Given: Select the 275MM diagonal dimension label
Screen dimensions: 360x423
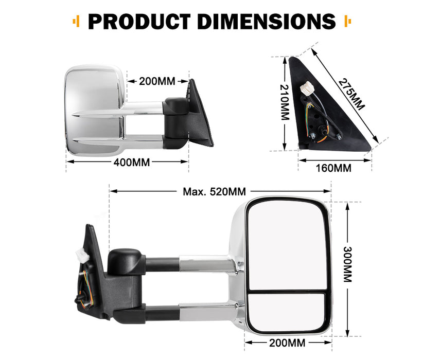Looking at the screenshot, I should pyautogui.click(x=351, y=94).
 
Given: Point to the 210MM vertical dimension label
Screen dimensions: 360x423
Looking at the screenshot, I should pyautogui.click(x=284, y=103).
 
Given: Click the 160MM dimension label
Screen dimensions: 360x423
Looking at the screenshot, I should pyautogui.click(x=334, y=168).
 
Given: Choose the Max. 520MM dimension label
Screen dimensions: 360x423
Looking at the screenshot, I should pyautogui.click(x=215, y=192).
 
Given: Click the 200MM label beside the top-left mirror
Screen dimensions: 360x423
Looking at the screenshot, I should pyautogui.click(x=157, y=81).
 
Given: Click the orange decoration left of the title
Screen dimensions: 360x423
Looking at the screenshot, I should pyautogui.click(x=76, y=22).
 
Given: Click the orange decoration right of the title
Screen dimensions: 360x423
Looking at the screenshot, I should pyautogui.click(x=346, y=22).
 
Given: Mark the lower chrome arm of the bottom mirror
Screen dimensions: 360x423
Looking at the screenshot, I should pyautogui.click(x=206, y=311).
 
